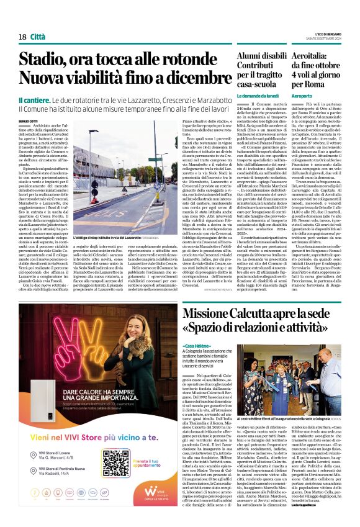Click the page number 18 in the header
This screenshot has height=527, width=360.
(22, 37)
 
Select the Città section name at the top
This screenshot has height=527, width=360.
(39, 37)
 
